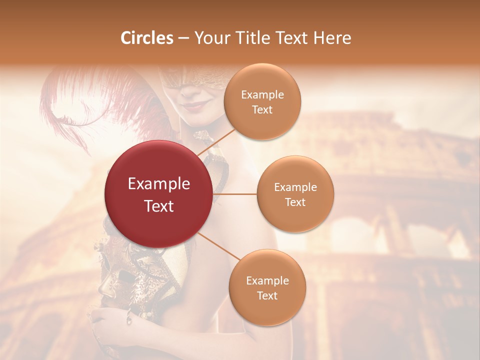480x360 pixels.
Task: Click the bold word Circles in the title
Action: [x=147, y=38]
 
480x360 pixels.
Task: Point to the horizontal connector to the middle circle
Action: [x=235, y=193]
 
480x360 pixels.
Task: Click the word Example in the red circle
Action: [x=159, y=184]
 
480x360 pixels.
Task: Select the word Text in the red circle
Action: [x=159, y=206]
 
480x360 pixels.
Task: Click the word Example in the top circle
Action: [x=262, y=95]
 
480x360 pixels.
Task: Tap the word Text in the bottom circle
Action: [x=267, y=295]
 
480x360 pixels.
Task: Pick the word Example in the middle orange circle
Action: [x=295, y=187]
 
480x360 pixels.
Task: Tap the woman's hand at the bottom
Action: [x=107, y=320]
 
